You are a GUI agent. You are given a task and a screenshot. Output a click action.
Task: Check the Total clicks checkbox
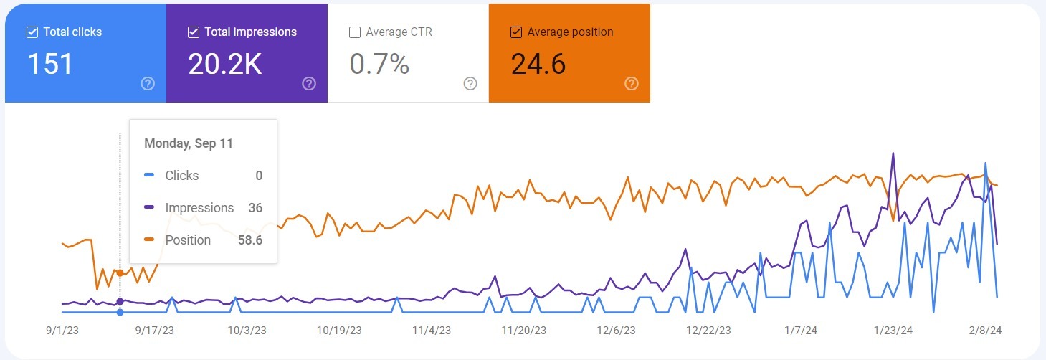(x=32, y=32)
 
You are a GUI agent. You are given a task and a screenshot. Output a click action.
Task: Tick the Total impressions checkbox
(x=193, y=32)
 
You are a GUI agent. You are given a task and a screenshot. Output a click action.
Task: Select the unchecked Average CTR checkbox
(x=354, y=32)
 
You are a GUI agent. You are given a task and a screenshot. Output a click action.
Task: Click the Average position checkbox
(x=515, y=32)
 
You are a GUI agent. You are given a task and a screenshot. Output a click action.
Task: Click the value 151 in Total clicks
(x=50, y=65)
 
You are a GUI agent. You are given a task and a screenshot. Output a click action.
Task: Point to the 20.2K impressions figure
(x=224, y=65)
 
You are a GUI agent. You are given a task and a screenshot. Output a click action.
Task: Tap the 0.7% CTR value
(x=379, y=65)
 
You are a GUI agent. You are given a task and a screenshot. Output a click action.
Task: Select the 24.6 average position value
(x=538, y=65)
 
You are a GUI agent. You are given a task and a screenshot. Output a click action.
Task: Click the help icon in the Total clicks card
(x=148, y=84)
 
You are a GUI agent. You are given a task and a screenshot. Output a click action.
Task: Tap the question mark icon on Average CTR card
(x=470, y=84)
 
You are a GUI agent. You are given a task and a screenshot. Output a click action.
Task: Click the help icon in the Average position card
(x=632, y=84)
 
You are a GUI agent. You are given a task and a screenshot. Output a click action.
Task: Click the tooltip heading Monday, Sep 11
(x=189, y=143)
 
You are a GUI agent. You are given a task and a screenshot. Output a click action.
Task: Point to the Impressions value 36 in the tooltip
(x=255, y=208)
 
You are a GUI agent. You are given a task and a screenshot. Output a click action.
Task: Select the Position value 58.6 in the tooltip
(x=250, y=240)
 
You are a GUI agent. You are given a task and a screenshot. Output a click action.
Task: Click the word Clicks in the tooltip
(x=182, y=176)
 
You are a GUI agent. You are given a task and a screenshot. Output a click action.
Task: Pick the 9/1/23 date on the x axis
(x=62, y=331)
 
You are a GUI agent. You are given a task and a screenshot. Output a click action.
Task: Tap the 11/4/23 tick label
(x=432, y=331)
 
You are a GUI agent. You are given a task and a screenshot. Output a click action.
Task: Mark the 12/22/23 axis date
(x=708, y=331)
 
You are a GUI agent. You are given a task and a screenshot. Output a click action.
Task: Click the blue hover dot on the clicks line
(x=120, y=312)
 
